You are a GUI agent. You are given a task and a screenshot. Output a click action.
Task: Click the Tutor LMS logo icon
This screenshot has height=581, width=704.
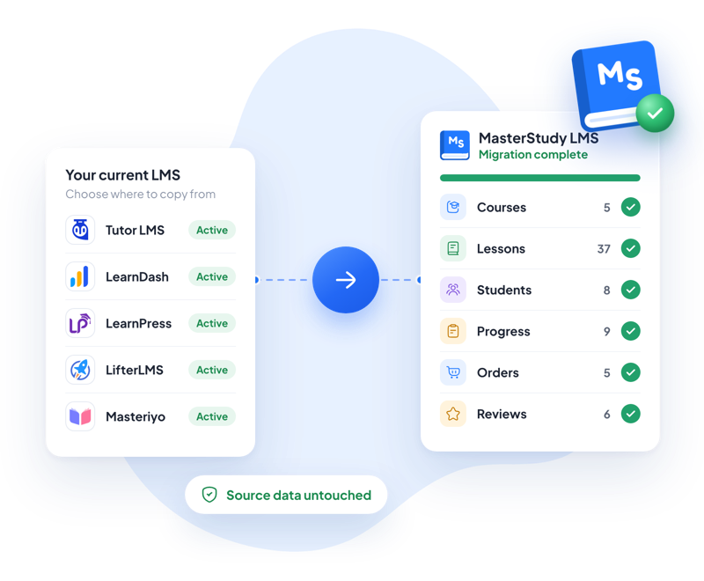point(80,230)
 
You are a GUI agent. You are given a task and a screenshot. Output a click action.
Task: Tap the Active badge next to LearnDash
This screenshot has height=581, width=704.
point(212,276)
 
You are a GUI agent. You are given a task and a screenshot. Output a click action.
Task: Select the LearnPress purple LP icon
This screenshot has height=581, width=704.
point(80,323)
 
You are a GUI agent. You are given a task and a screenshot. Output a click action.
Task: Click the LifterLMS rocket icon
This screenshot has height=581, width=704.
point(80,370)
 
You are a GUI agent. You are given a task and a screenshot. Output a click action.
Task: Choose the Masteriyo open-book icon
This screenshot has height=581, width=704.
point(80,416)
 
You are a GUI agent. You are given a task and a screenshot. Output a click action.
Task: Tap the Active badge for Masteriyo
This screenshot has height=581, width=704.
point(212,416)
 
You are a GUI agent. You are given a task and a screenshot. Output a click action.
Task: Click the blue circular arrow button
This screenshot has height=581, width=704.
point(346,280)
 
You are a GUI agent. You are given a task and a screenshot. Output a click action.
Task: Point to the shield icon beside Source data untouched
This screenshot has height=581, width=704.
point(209,495)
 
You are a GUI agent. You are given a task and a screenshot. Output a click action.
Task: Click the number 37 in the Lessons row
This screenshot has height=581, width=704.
point(604,249)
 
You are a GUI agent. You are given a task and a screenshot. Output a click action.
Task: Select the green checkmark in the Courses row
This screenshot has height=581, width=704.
point(631,207)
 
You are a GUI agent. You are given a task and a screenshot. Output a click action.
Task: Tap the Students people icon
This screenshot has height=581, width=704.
point(453,290)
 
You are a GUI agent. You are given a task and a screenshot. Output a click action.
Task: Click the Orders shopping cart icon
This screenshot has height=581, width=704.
point(453,372)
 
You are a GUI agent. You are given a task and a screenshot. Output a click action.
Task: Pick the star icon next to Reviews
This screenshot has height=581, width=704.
point(453,414)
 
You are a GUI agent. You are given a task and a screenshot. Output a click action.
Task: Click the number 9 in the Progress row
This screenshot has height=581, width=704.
point(607,331)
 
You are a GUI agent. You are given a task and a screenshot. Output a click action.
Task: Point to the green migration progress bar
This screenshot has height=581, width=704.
point(540,178)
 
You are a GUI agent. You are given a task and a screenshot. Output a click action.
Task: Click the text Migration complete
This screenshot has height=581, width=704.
point(533,154)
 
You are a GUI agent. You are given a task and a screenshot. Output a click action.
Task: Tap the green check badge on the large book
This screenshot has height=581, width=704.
point(655,114)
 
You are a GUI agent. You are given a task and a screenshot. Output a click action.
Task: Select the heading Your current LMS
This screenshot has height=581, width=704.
point(122,174)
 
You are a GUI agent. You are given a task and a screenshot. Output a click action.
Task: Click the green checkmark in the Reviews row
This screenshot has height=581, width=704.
point(631,414)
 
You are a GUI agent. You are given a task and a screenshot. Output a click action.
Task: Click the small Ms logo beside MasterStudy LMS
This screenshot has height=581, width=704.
point(455,145)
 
